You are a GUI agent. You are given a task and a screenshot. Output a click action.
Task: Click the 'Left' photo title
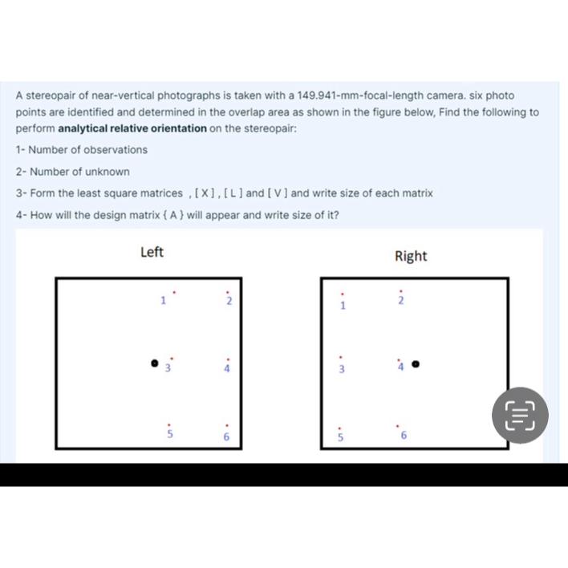click(152, 253)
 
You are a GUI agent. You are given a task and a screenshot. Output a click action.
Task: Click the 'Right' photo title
click(411, 256)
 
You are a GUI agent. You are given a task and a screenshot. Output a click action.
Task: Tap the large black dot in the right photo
click(416, 364)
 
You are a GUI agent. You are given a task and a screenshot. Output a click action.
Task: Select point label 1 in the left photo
click(162, 302)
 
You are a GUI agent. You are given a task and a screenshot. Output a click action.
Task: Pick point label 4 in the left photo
click(227, 369)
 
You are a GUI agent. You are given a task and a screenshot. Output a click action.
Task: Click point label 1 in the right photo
click(342, 305)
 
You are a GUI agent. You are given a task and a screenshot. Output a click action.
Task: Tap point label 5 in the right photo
click(339, 438)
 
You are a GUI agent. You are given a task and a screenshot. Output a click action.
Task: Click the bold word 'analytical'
click(85, 128)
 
